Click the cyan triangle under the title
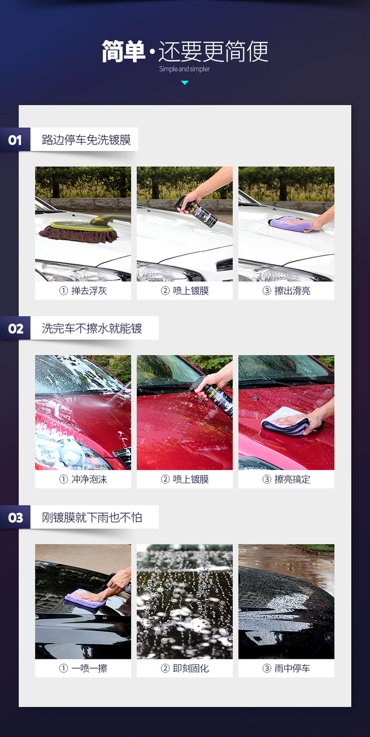(x=184, y=83)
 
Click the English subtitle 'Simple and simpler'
(x=184, y=69)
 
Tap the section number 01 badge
(x=15, y=140)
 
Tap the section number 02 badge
(x=15, y=328)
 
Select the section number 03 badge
(x=15, y=517)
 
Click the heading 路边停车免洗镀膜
(x=87, y=140)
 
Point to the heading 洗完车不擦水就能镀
(x=92, y=328)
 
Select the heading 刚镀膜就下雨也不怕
(x=92, y=517)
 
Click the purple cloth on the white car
(x=290, y=224)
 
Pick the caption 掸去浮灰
(x=89, y=291)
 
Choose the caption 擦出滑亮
(x=292, y=291)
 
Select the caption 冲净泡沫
(x=89, y=479)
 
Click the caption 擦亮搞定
(x=292, y=479)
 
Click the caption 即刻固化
(x=191, y=668)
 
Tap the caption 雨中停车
(x=292, y=668)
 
